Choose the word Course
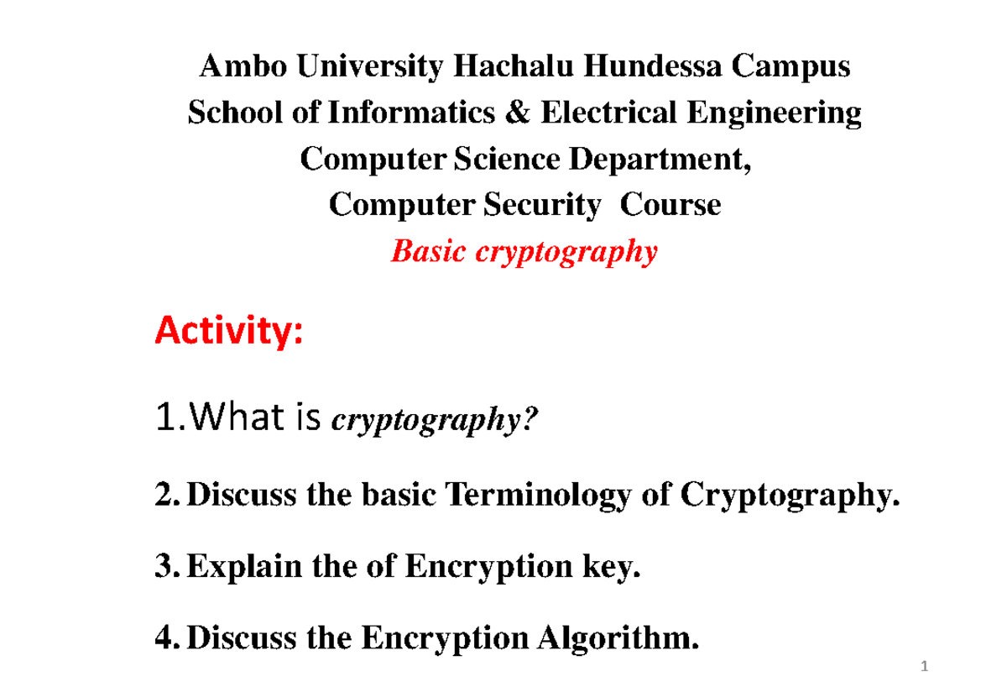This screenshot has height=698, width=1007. tap(670, 205)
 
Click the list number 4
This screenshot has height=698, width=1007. tap(165, 642)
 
